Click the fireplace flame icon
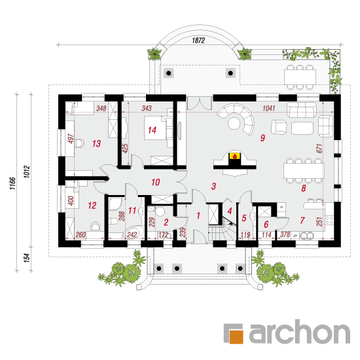click(x=234, y=156)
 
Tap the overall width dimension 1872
click(x=198, y=41)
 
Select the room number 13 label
click(x=96, y=143)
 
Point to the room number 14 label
click(x=152, y=130)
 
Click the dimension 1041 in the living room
click(x=269, y=108)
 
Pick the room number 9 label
click(x=262, y=137)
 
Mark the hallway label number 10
click(x=155, y=183)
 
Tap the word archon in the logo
click(x=300, y=332)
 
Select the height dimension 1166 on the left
click(x=12, y=183)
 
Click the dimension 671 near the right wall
click(x=319, y=149)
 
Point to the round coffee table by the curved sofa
click(x=234, y=123)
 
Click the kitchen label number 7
click(x=302, y=221)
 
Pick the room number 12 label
click(x=92, y=206)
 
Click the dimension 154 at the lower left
click(x=27, y=258)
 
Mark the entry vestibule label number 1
click(x=198, y=215)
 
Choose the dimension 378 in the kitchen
click(x=285, y=234)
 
